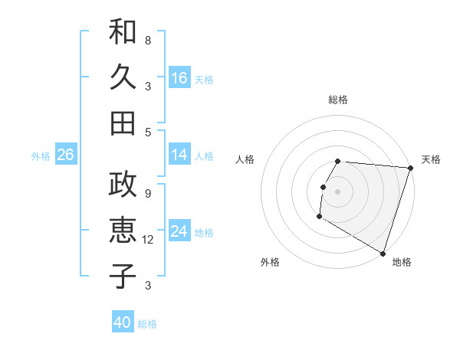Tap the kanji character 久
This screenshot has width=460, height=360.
point(123,78)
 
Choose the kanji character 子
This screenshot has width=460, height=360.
point(123,275)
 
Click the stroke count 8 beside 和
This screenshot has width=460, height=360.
point(148,40)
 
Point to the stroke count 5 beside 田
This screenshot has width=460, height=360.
point(148,132)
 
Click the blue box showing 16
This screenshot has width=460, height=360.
point(179,78)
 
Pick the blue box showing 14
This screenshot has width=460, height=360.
point(179,155)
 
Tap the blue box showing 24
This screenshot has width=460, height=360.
point(179,231)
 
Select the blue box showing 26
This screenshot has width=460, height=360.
point(65,155)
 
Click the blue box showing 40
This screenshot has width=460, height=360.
point(123,322)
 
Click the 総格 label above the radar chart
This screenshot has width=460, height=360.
point(338,100)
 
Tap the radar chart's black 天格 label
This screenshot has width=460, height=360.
point(431,159)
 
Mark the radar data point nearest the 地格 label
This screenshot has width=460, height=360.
point(382,253)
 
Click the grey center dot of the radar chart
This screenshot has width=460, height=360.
point(338,191)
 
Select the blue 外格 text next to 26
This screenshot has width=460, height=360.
point(41,156)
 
